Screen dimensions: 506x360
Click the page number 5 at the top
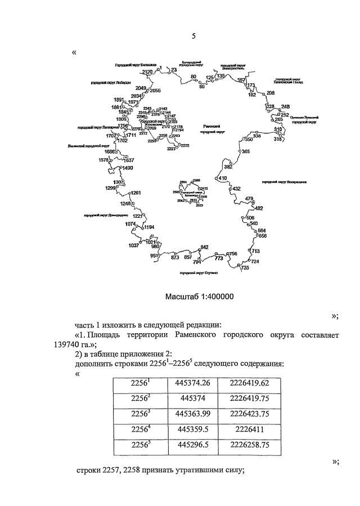pos(193,37)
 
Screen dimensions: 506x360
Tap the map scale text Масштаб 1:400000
pos(200,297)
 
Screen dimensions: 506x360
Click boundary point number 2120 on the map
pos(147,72)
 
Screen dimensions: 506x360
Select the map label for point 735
pos(245,268)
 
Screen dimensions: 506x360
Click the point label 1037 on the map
pos(134,245)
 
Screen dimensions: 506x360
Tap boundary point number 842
pos(204,247)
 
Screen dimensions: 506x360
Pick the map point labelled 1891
pos(118,100)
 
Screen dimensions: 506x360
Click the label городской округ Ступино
pos(199,273)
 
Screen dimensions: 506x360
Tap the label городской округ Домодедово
pos(106,215)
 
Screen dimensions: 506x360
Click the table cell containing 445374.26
pos(192,383)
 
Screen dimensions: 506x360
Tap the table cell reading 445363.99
pos(192,415)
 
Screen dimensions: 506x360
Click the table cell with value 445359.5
pos(192,432)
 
